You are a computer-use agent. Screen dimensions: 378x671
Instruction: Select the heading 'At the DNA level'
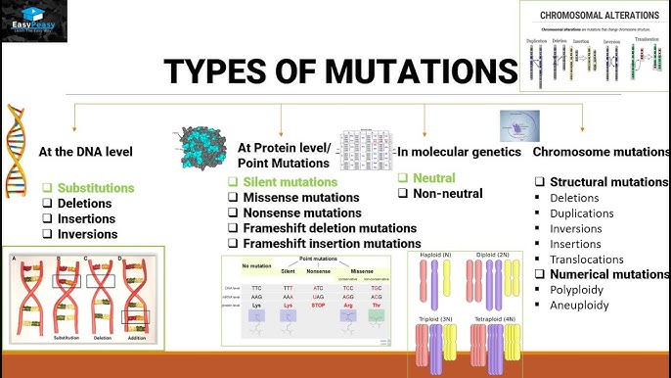(85, 152)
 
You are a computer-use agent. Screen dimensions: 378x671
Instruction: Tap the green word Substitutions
(96, 187)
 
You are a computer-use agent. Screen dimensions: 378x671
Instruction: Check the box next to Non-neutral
(403, 194)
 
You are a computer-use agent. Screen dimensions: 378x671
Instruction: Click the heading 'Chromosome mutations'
(601, 153)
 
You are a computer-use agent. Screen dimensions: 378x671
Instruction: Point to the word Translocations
(593, 260)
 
